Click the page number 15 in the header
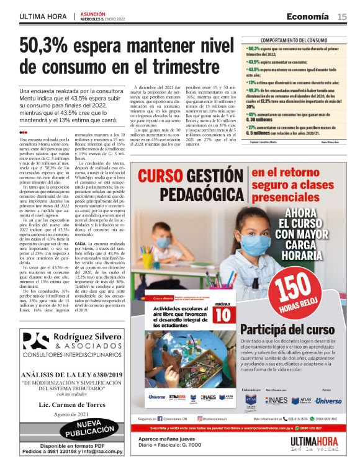(342, 16)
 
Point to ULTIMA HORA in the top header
(43, 16)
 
